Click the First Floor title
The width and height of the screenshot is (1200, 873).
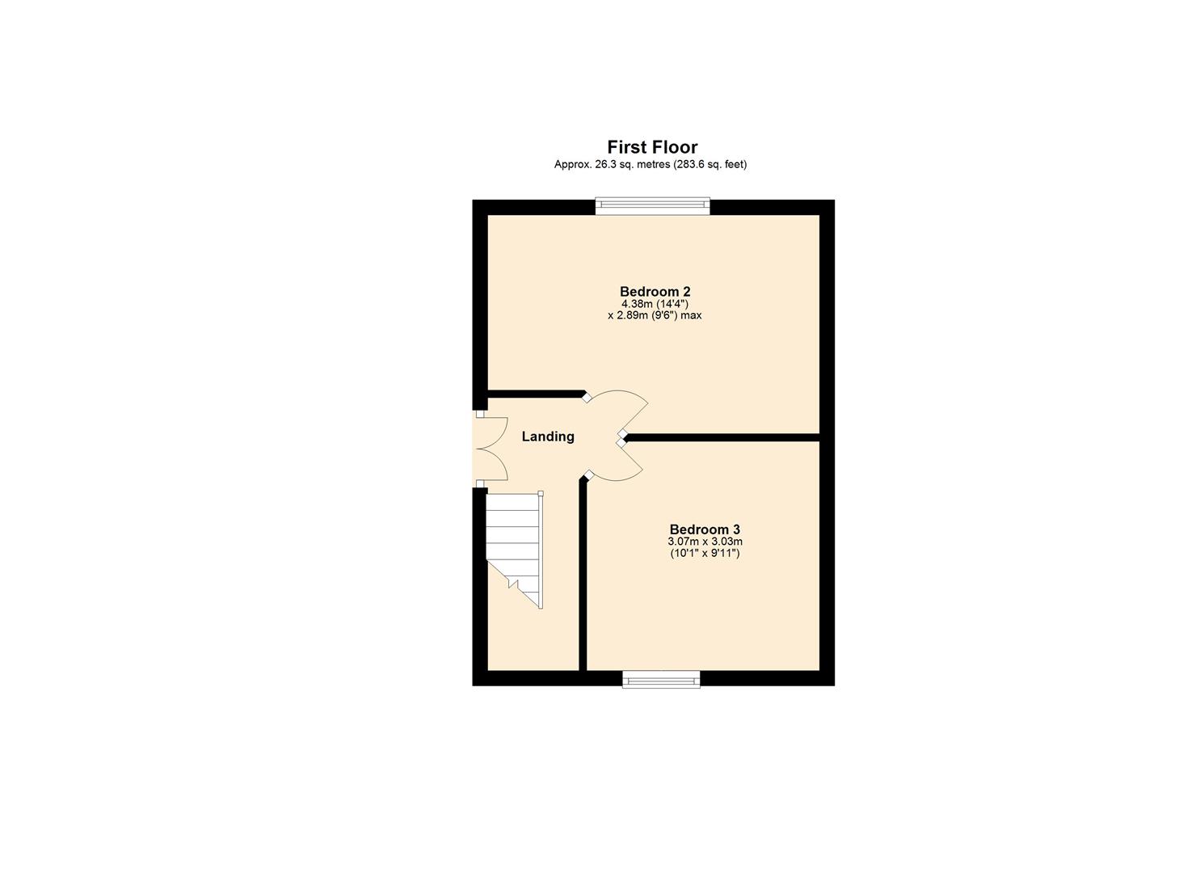point(652,147)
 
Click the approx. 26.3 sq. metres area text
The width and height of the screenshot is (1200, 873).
point(650,165)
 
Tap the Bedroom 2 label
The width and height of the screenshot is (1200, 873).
point(655,291)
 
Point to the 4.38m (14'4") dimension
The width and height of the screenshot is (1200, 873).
point(655,304)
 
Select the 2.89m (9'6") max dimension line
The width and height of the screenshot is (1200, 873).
point(655,316)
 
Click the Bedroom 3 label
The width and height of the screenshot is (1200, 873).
point(705,530)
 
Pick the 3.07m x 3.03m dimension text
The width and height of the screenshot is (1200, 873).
point(705,542)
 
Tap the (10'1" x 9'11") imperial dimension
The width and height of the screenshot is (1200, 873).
point(705,554)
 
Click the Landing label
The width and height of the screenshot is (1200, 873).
point(548,436)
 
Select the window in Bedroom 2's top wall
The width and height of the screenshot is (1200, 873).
point(652,206)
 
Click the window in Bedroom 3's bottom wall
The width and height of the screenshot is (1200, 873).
point(661,679)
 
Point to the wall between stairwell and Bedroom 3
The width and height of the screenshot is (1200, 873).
point(583,574)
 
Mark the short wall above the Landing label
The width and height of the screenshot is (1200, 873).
point(537,394)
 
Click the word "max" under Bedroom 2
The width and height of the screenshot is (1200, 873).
point(690,316)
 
